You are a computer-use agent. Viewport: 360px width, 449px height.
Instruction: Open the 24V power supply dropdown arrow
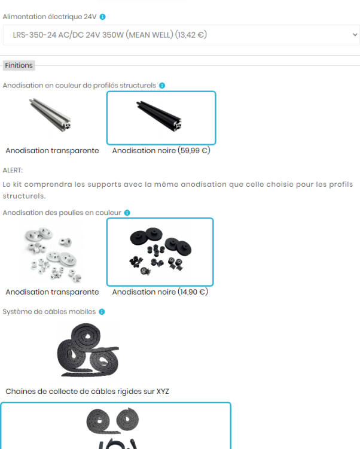(x=355, y=35)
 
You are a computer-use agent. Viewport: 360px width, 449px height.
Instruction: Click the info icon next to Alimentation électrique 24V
(x=102, y=17)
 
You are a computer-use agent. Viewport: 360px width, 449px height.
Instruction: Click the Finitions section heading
(x=19, y=65)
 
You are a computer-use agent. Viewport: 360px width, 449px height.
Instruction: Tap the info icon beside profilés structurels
(x=162, y=86)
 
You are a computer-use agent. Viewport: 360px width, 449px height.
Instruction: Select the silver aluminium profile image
(x=50, y=114)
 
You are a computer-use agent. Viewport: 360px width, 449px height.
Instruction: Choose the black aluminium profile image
(x=158, y=116)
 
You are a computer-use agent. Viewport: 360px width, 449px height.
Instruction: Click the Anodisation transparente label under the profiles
(x=53, y=151)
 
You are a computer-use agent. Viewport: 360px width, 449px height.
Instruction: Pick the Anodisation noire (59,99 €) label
(x=161, y=151)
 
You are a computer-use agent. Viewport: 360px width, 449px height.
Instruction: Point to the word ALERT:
(x=13, y=171)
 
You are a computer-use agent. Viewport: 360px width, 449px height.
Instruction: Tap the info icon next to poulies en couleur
(x=127, y=213)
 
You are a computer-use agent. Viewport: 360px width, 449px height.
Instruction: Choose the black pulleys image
(x=160, y=251)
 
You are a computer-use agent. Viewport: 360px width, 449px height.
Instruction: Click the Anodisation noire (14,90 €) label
(x=160, y=292)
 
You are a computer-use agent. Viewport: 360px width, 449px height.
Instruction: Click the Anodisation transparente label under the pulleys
(x=53, y=292)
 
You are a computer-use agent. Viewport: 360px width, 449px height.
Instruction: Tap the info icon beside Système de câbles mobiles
(x=102, y=312)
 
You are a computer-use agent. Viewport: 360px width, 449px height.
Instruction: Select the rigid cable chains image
(x=87, y=350)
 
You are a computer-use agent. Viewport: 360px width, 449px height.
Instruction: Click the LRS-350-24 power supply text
(x=110, y=35)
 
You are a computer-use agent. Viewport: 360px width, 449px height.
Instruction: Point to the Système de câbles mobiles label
(x=49, y=311)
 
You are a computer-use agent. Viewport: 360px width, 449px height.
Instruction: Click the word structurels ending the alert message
(x=24, y=196)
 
